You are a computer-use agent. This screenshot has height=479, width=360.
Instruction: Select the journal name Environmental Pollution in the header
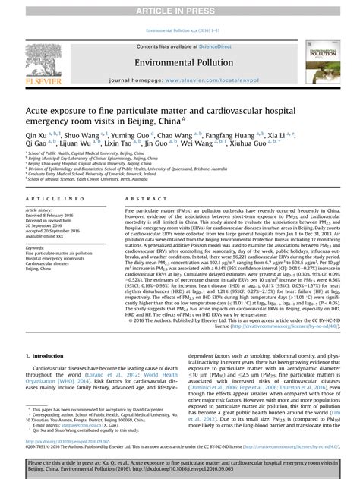pos(180,60)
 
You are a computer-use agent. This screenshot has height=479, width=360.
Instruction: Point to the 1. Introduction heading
pos(46,355)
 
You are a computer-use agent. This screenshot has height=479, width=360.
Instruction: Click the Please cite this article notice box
pos(180,465)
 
